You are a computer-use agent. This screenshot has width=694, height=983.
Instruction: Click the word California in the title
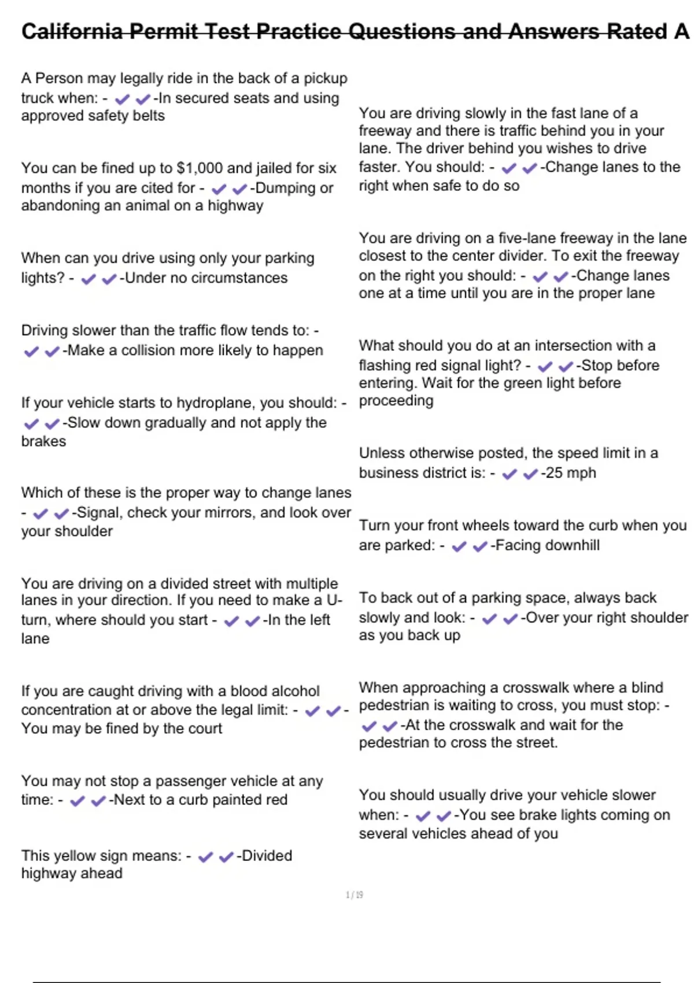coord(72,31)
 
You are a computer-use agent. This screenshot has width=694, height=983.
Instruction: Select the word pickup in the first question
coord(326,79)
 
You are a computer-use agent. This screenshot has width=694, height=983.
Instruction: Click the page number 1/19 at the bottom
coord(354,895)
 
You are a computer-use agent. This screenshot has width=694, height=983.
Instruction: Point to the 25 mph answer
coord(570,473)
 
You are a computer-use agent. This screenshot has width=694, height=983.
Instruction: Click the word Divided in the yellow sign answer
coord(267,856)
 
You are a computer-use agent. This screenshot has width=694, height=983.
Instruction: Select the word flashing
coord(383,365)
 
